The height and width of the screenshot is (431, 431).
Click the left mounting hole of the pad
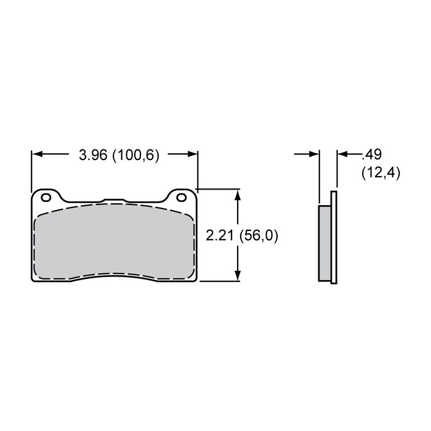point(46,198)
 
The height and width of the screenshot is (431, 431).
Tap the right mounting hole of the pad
point(182,198)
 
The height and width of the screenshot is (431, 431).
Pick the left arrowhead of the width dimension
point(37,154)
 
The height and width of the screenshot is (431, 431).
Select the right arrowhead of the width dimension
point(192,154)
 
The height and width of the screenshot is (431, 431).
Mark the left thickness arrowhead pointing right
point(314,154)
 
